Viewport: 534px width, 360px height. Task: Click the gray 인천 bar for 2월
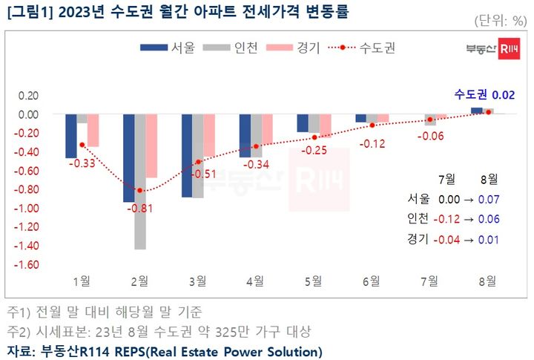pos(140,182)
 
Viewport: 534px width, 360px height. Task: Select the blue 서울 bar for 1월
pos(71,136)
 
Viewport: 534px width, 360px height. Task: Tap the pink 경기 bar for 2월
pos(151,146)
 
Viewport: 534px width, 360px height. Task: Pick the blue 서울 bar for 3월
pos(187,156)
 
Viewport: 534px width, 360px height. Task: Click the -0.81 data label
pos(139,208)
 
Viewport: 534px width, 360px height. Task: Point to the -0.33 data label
pos(81,163)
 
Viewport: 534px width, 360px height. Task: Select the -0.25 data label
pos(314,151)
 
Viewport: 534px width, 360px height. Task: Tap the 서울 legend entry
pos(167,48)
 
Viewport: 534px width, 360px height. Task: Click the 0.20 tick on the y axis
pos(27,96)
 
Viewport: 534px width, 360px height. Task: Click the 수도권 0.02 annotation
pos(484,94)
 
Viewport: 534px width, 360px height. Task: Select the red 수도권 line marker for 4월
pos(256,147)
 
